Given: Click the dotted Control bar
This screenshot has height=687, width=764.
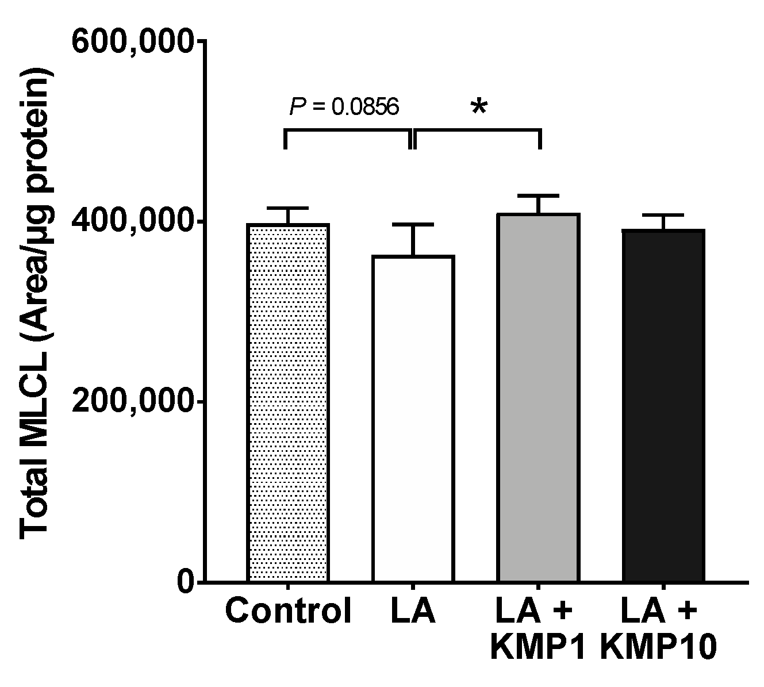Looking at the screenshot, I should click(288, 402).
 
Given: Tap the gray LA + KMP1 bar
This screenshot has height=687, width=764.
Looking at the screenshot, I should click(539, 397).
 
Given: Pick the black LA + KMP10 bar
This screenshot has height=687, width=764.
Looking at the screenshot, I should click(664, 405).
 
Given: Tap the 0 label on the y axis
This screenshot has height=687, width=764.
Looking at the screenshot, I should click(185, 582).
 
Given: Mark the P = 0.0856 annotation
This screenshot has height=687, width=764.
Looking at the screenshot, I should click(343, 106).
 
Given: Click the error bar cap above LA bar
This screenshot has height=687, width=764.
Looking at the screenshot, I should click(413, 224).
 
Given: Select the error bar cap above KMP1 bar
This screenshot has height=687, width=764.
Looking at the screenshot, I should click(539, 196).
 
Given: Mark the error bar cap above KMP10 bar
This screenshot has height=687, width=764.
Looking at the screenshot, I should click(664, 215).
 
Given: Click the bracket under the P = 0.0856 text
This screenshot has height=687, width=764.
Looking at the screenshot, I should click(348, 132).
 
